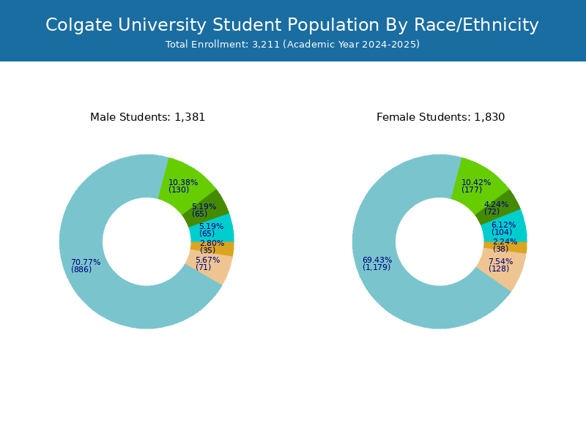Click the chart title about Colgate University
pos(292,26)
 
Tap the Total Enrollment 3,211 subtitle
pos(292,45)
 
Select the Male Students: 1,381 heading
pos(148,117)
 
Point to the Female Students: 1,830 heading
pos(441,117)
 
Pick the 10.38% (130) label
pos(183,186)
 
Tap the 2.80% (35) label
pos(212,247)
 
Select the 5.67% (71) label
pos(208,263)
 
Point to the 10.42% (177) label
pos(476,186)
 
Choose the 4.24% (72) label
pos(497,208)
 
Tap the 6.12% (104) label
pos(503,228)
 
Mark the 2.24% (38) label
pos(505,245)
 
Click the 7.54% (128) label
pos(500,265)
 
